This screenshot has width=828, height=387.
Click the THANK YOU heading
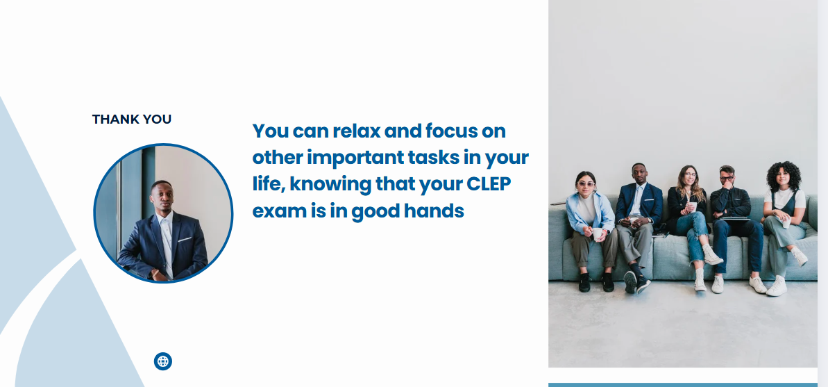point(131,120)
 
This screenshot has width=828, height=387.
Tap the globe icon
point(163,361)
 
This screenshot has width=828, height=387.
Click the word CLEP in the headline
point(489,184)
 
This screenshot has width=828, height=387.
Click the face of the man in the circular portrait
point(161,196)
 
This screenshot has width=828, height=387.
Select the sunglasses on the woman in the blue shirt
point(586,184)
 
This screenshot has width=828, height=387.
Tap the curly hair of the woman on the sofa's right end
point(784,174)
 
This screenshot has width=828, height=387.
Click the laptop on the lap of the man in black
point(735,218)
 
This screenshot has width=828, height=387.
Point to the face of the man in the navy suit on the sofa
point(639,175)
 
